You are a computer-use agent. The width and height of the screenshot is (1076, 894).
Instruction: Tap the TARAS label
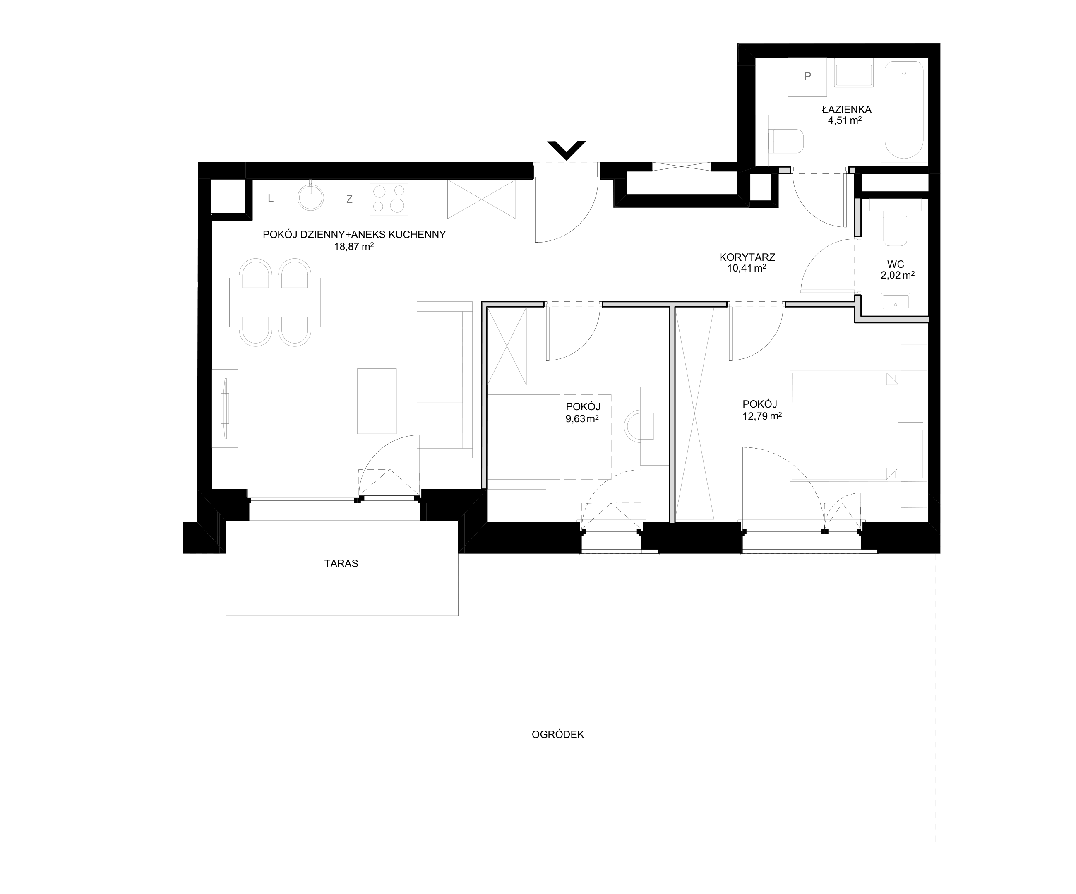coord(341,564)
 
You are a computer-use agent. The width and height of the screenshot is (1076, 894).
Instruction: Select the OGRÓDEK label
coord(558,734)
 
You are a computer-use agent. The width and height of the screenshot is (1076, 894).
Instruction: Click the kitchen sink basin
coord(311,197)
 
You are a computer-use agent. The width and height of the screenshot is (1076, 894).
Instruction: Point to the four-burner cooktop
coord(389,199)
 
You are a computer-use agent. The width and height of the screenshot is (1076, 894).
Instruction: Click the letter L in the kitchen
coord(271,198)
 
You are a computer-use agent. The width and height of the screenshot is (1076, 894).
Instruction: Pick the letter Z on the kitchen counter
coord(349,199)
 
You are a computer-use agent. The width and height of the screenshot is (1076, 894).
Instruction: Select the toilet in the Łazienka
coord(786,141)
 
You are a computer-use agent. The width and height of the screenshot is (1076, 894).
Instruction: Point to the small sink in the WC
coord(896,304)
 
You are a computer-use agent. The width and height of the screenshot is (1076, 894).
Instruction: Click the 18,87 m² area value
coord(353,246)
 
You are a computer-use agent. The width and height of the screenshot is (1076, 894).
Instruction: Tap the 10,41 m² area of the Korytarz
coord(747,267)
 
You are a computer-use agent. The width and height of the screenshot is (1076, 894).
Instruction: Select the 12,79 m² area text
coord(762,416)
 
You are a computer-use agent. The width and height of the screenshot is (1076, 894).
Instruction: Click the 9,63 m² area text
coord(582,418)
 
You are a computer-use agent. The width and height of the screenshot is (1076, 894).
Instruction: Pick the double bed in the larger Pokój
coord(844,426)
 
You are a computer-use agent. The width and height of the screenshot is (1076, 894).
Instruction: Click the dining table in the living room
coord(275,302)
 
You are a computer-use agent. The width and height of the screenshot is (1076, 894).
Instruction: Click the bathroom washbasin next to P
coord(854,75)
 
